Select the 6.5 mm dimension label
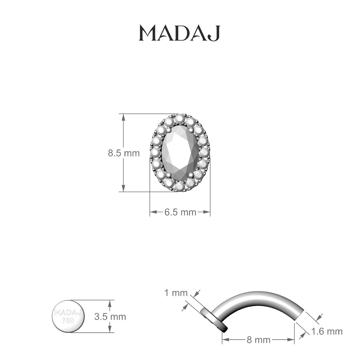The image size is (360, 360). coord(180,212)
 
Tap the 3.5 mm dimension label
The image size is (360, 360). coord(110,316)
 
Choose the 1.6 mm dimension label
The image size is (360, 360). coord(327,331)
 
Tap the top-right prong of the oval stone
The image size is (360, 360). coord(191,130)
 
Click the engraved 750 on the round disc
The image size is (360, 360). coord(68,320)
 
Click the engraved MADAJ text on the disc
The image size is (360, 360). coord(68,313)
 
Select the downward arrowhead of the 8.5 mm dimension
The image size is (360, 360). coord(123,188)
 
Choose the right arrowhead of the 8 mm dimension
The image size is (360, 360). coord(292,340)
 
